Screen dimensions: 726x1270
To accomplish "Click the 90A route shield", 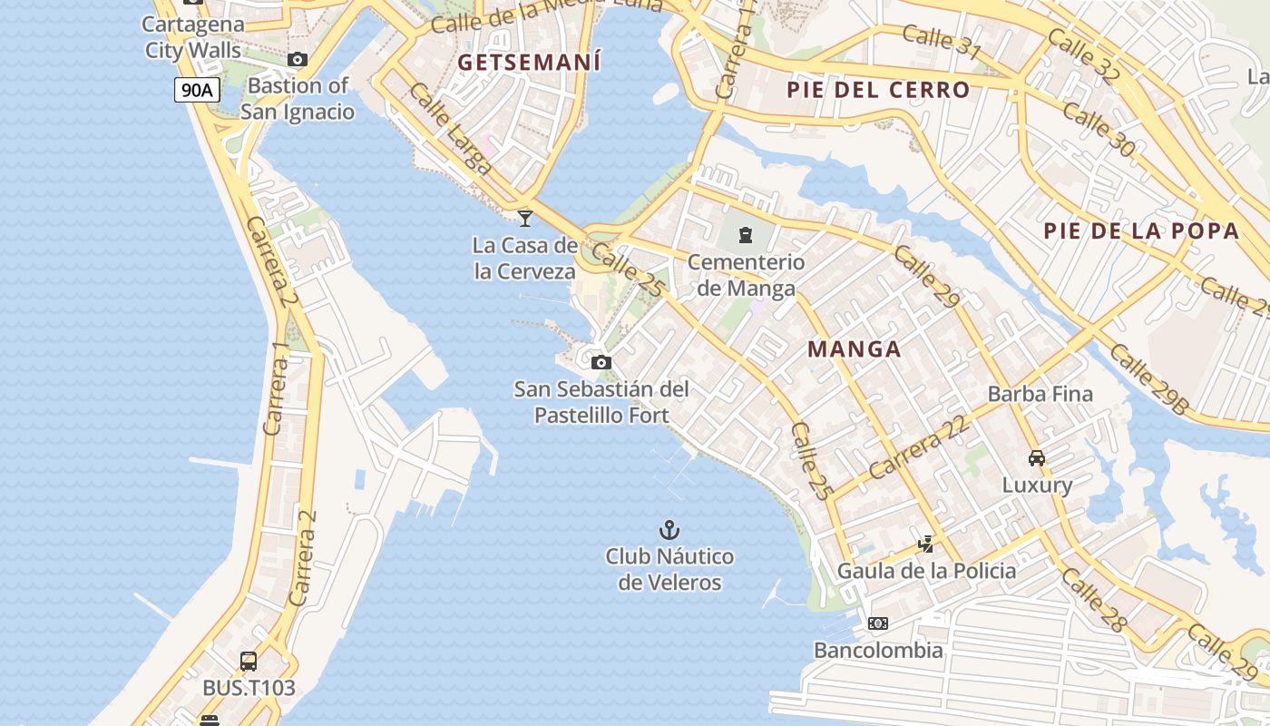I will coord(197,89).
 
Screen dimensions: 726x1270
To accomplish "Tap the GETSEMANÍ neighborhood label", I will coord(530,63).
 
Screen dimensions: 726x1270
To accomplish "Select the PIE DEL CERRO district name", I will coord(878,90).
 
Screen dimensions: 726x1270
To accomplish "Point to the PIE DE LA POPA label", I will coord(1140,231).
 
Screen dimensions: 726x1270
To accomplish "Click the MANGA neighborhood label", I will coord(855,349).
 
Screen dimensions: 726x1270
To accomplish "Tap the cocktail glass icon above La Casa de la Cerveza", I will coord(524,218).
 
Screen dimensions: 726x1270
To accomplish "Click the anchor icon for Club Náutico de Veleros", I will coord(669,530).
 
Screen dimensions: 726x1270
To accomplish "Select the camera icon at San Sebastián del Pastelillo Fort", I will coord(601,363).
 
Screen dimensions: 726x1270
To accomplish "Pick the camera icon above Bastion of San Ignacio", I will coord(297,60).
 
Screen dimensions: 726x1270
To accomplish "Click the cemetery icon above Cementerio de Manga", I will coord(746,235).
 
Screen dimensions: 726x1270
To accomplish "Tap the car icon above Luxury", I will coord(1037,458).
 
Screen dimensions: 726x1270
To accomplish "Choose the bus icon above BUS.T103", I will coord(249,662).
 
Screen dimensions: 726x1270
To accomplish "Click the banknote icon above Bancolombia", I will coord(878,623).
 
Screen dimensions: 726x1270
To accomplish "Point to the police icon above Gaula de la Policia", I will coord(926,544).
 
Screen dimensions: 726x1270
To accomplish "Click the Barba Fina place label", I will coord(1040,395).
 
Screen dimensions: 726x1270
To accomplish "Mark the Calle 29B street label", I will coord(1148,380).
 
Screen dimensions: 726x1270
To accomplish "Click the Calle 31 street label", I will coord(942,42).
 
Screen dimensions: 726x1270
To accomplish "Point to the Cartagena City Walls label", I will coord(193,37).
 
